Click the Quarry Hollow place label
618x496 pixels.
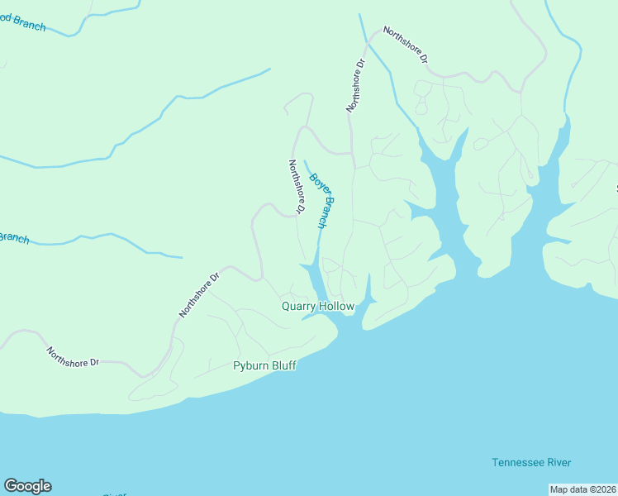(x=318, y=306)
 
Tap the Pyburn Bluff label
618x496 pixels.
(x=264, y=365)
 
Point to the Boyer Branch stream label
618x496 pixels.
(x=322, y=200)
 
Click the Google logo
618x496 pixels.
(x=27, y=486)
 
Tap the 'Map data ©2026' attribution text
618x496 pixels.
(x=582, y=489)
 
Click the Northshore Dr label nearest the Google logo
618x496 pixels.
(x=73, y=356)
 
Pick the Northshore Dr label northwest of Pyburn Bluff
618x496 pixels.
(x=199, y=295)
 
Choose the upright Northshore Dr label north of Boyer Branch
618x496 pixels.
(x=355, y=85)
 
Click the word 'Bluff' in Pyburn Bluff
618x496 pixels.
(x=283, y=365)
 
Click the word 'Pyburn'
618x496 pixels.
(x=250, y=365)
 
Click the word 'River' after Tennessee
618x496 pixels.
(x=559, y=462)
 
